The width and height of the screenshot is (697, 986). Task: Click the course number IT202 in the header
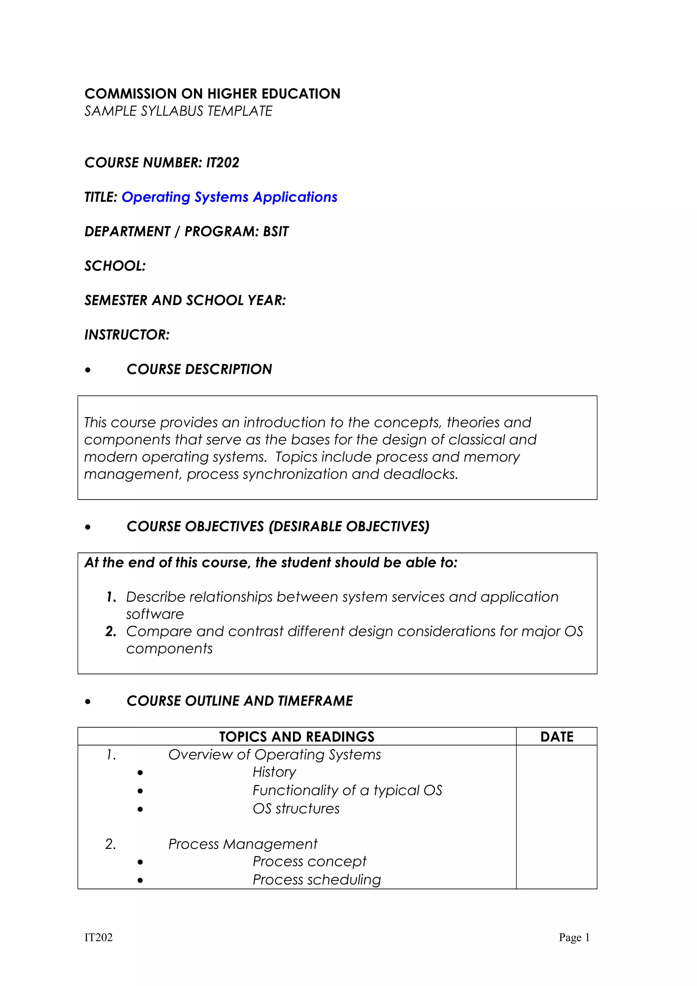[223, 163]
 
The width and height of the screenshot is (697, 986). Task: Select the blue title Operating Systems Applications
[229, 197]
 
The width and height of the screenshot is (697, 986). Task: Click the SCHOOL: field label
[115, 266]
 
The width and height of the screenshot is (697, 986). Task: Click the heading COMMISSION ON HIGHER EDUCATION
[212, 94]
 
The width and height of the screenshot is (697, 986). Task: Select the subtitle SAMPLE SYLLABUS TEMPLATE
[178, 111]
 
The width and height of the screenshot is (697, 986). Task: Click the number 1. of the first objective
[111, 597]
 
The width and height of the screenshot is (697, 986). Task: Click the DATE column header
[556, 737]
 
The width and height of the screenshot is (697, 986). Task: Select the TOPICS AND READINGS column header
[297, 737]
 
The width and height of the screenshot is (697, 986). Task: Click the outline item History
[274, 772]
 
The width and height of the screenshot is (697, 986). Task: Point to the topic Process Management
[243, 844]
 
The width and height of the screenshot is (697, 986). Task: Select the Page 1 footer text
[574, 937]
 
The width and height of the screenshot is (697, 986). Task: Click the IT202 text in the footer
[98, 937]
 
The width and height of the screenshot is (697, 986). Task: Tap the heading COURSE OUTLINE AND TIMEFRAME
[240, 701]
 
